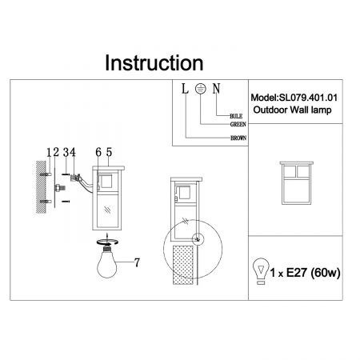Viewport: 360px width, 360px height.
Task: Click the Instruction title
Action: (154, 63)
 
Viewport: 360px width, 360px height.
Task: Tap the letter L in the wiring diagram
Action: (185, 89)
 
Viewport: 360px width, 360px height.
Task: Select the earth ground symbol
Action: (200, 88)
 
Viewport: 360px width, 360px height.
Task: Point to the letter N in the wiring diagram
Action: (216, 89)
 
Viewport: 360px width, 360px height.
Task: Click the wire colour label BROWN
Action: (238, 138)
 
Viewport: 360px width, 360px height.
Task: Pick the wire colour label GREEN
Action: (238, 124)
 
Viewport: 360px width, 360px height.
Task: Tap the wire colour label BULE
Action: (236, 116)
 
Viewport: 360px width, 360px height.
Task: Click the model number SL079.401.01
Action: (308, 98)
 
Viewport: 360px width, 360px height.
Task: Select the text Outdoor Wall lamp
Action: (292, 110)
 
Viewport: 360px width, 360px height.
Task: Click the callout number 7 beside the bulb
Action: (137, 262)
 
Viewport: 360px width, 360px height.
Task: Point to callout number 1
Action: (49, 153)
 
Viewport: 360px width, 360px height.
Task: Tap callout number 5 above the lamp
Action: (109, 152)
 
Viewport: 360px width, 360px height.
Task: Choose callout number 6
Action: (98, 152)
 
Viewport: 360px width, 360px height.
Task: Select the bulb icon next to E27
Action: (261, 271)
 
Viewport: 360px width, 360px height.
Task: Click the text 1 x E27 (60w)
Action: (306, 273)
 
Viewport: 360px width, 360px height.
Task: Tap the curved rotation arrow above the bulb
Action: (107, 242)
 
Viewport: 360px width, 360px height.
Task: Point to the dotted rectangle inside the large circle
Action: (183, 265)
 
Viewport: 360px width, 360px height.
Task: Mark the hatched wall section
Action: (41, 187)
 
